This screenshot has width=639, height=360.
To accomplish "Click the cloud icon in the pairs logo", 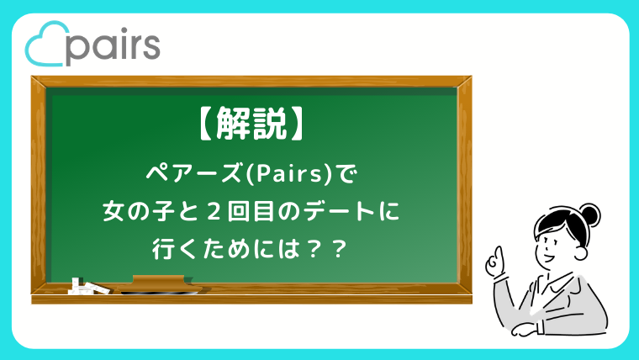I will (45, 48).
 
